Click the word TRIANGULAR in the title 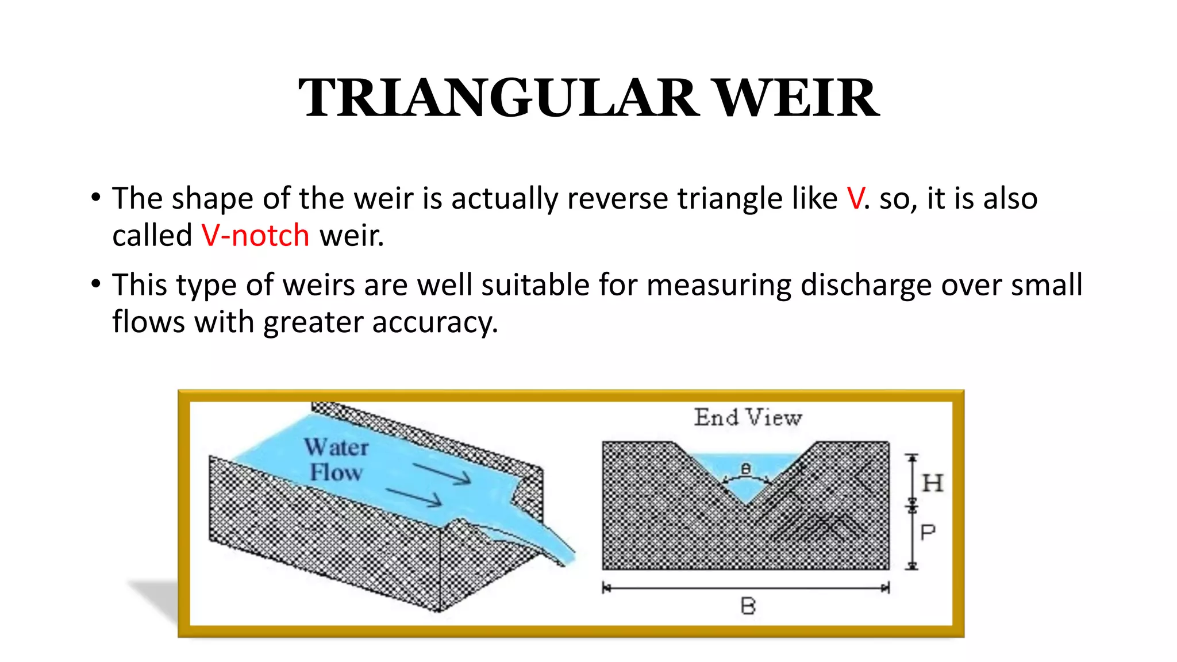pos(498,98)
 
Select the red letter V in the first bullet pos(855,199)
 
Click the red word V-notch pos(255,236)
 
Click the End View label pos(748,417)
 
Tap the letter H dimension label pos(932,483)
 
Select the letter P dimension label pos(928,533)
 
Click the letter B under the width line pos(748,606)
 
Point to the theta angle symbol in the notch pos(746,469)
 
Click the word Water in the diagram pos(337,447)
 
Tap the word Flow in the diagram pos(337,472)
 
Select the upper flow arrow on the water pos(443,474)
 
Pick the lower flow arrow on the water pos(414,498)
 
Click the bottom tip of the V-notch pos(745,505)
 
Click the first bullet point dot pos(96,198)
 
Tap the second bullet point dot pos(96,284)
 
